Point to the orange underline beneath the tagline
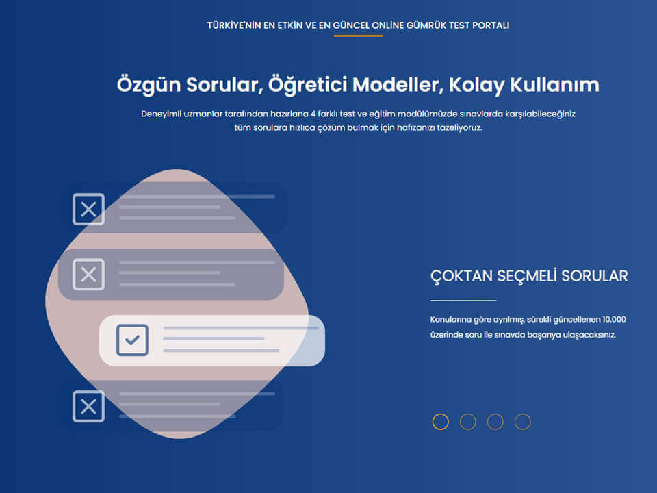358,36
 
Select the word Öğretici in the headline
307,85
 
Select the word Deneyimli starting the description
162,114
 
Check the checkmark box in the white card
132,340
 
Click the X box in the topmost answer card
88,209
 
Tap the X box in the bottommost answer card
88,406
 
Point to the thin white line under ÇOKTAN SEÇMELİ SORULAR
463,300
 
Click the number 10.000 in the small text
614,319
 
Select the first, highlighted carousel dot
441,422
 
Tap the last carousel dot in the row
522,422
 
